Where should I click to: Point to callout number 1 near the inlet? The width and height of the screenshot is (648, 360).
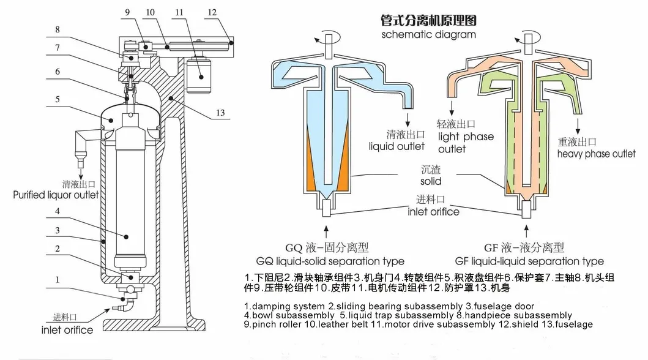57,280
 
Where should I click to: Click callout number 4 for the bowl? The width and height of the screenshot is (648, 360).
57,212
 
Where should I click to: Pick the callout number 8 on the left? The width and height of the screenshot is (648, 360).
57,29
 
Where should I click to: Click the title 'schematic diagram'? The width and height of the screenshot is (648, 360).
428,35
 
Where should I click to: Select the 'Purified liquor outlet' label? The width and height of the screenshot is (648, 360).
56,195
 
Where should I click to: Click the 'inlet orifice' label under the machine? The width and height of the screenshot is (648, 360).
67,330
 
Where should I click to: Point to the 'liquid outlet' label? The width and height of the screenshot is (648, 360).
397,146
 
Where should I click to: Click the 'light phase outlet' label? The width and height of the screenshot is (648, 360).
466,143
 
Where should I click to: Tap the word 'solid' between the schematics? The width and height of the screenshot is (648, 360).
430,181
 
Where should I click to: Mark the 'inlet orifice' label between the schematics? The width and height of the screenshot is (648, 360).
433,212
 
